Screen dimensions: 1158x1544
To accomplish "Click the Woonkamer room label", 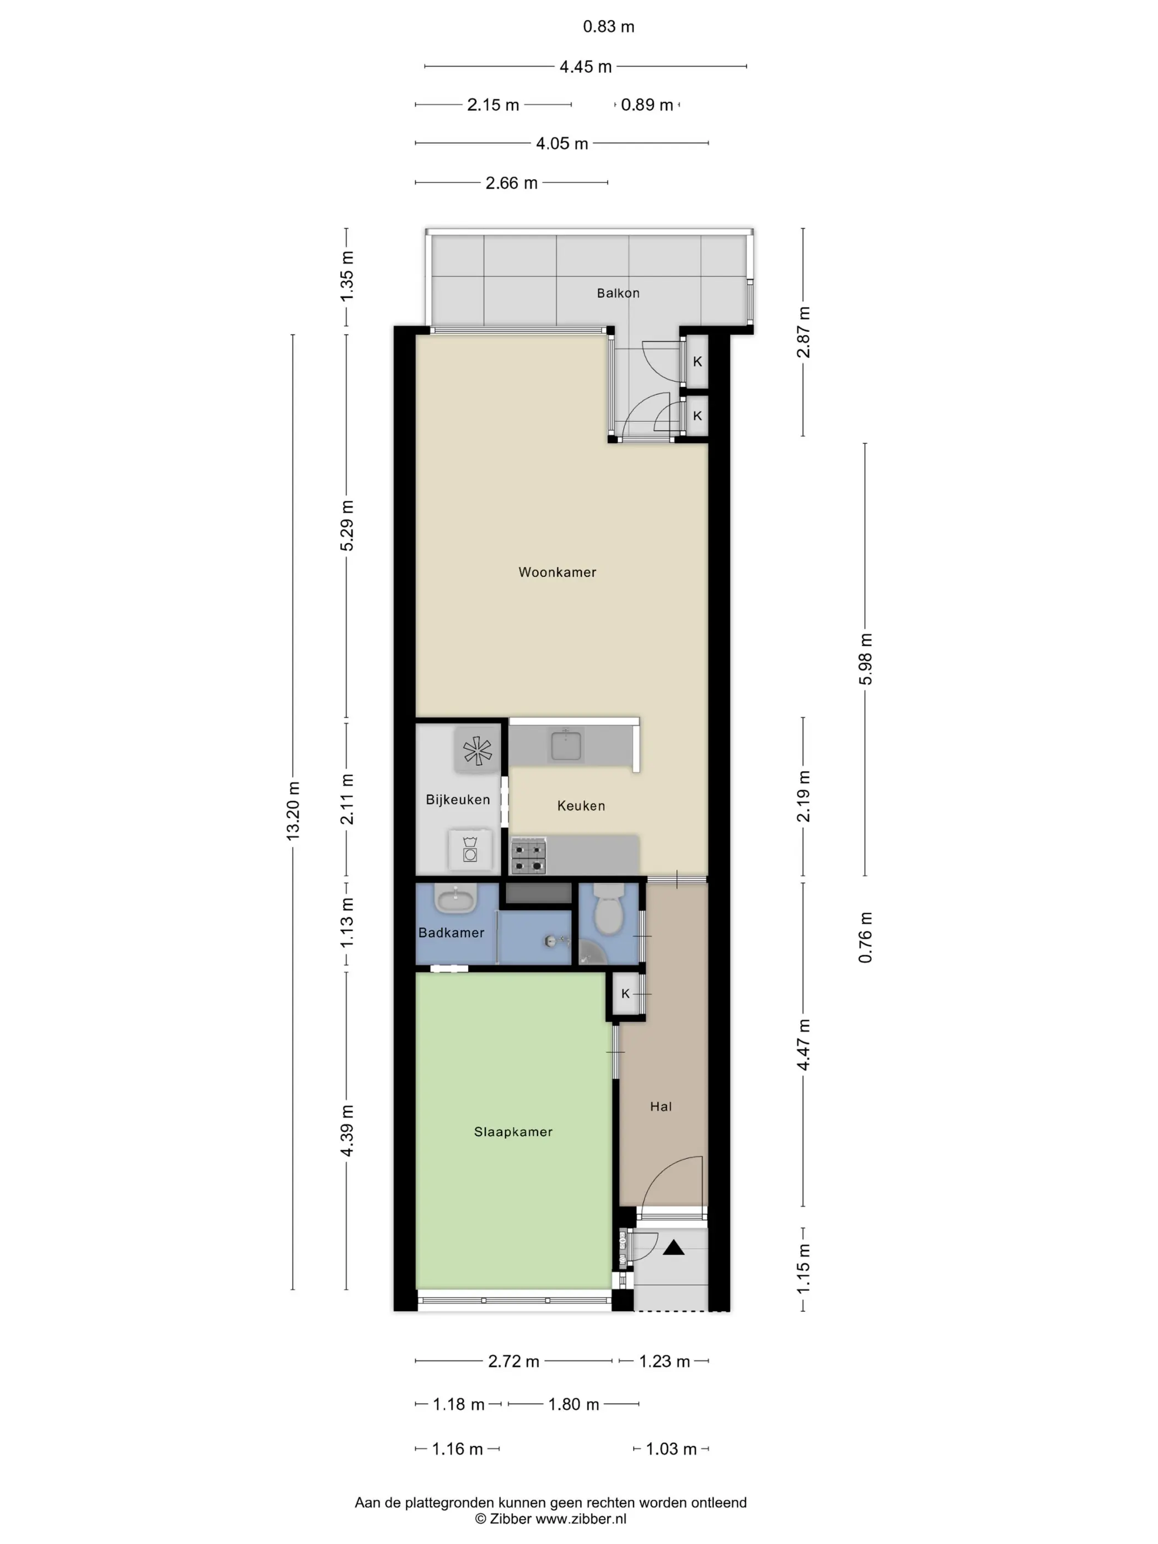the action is click(x=557, y=572).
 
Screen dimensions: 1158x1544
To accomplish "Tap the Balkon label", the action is click(x=618, y=293).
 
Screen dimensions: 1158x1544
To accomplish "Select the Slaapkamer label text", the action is click(x=513, y=1132).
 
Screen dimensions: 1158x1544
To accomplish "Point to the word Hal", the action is click(x=660, y=1106).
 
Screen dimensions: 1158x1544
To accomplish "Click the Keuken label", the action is click(x=581, y=806).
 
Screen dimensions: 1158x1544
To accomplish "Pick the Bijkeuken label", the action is click(x=458, y=799).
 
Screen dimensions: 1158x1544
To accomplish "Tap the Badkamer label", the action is click(x=451, y=932).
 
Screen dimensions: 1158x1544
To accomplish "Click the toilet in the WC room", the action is click(x=609, y=908).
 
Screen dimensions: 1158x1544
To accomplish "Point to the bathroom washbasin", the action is click(x=456, y=898).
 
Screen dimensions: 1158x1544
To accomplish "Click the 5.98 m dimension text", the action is click(x=866, y=659).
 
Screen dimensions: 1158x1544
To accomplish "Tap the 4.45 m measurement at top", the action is click(x=586, y=67).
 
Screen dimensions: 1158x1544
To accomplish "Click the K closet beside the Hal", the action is click(x=625, y=994).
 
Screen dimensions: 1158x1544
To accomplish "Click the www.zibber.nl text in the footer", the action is click(x=581, y=1519).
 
